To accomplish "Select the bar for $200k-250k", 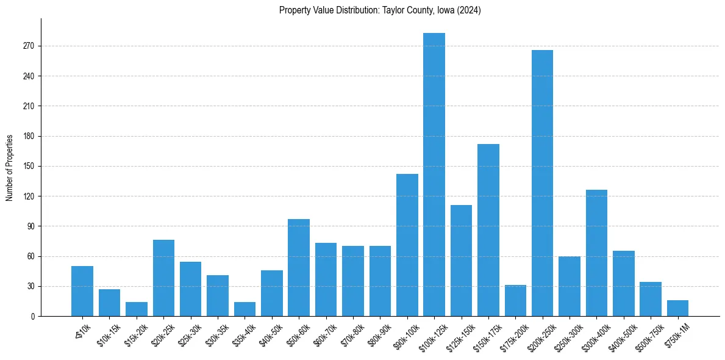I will point(542,183).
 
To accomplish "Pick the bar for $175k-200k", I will point(515,301).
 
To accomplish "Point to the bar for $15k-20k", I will point(137,309).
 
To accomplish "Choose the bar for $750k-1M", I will point(677,308).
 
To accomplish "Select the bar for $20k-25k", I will point(163,278).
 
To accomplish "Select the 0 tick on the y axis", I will point(34,316).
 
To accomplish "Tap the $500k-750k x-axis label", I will point(648,334).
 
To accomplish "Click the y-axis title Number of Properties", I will point(9,167).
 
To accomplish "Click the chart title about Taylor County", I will point(380,10).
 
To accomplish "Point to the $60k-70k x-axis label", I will point(324,333).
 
